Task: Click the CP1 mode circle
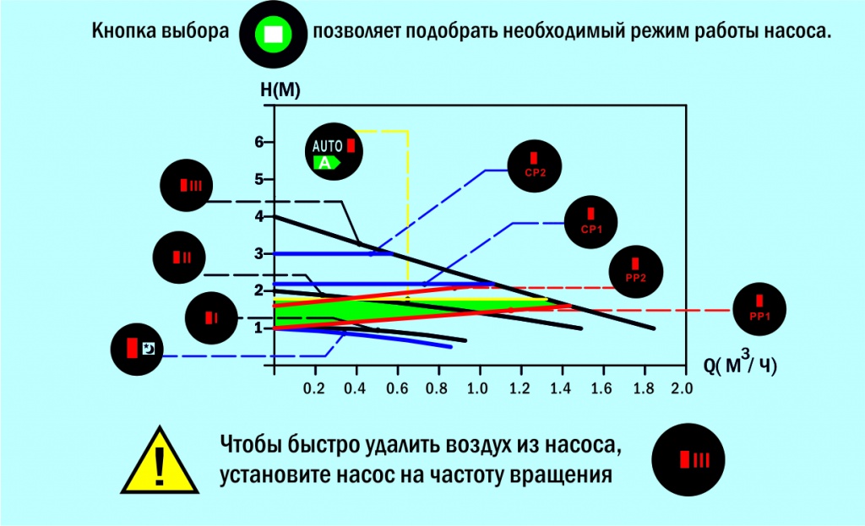point(591,221)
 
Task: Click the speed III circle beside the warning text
point(688,460)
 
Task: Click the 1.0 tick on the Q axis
point(479,390)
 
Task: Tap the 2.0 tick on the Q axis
point(681,390)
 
